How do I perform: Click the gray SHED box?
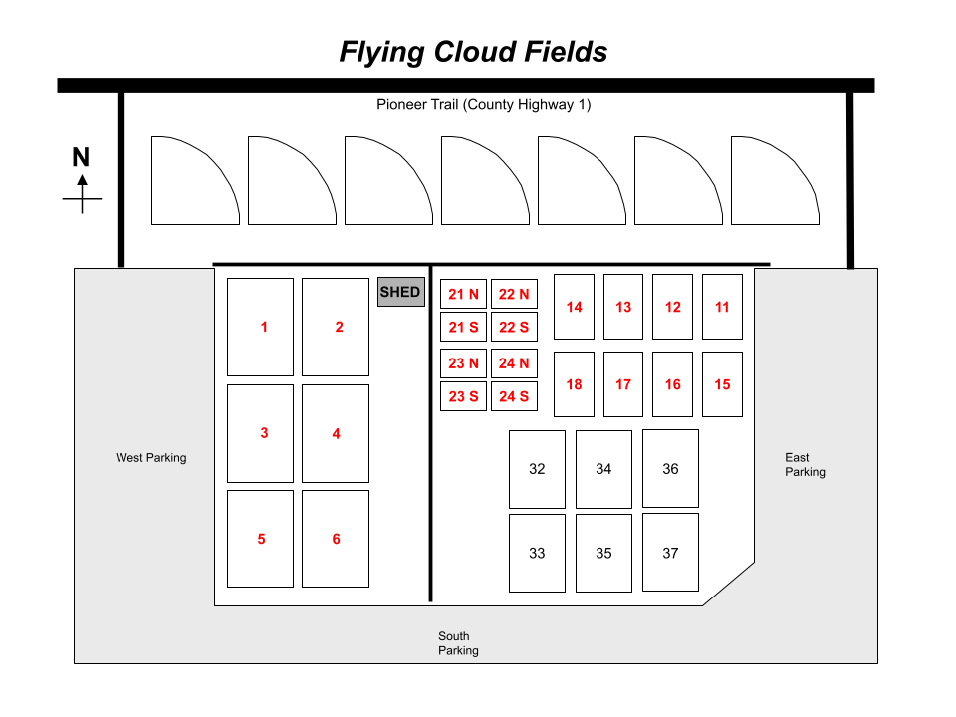(400, 292)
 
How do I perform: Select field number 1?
(261, 327)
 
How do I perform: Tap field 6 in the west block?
(336, 539)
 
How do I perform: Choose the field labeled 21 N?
(463, 294)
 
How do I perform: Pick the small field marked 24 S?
(514, 396)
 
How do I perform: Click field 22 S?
(514, 327)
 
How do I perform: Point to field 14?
(574, 307)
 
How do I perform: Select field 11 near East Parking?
(722, 307)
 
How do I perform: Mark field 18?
(574, 384)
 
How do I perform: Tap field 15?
(722, 384)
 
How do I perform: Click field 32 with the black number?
(537, 469)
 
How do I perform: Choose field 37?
(670, 553)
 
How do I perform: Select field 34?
(603, 469)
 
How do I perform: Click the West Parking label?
(151, 458)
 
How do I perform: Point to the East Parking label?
(805, 465)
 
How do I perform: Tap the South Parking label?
(458, 643)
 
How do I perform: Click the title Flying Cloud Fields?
(473, 52)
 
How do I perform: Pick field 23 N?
(463, 363)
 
